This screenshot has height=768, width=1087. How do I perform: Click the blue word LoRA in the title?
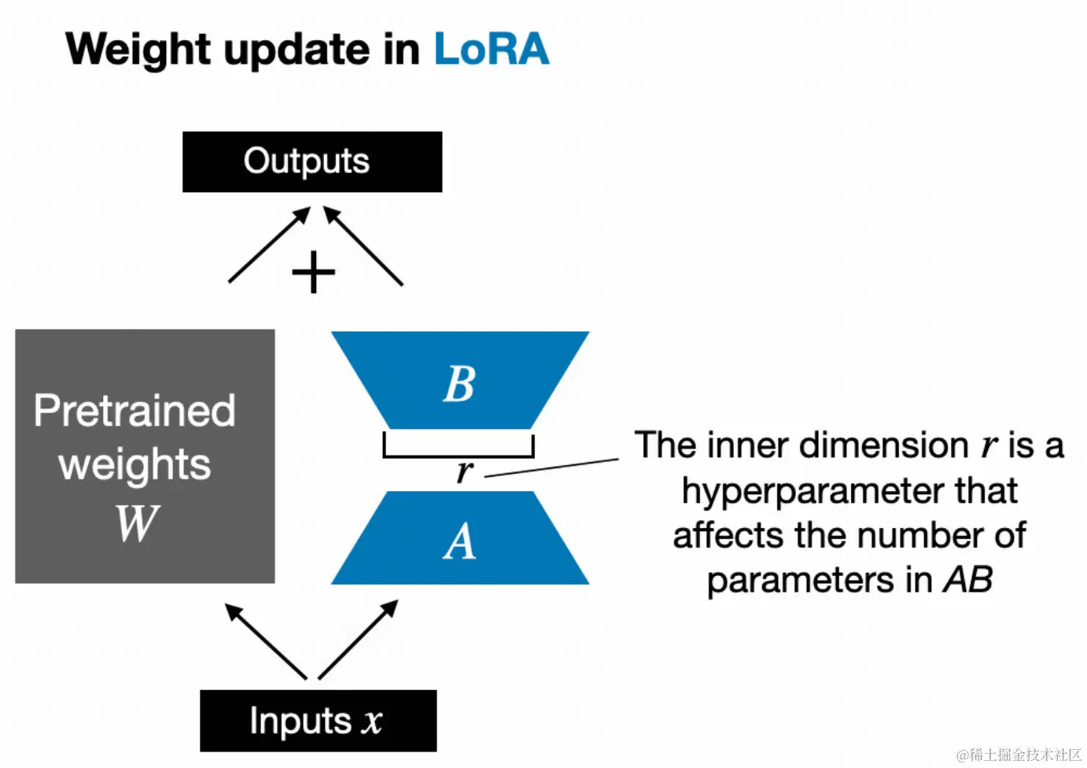(x=491, y=50)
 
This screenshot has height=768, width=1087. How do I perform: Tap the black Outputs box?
(x=311, y=161)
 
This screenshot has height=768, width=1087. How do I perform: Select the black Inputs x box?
(x=318, y=721)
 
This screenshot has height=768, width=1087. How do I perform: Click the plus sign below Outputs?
(x=313, y=273)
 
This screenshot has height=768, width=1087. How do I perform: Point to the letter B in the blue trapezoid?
(x=459, y=384)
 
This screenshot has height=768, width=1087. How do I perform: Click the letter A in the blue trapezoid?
(x=459, y=542)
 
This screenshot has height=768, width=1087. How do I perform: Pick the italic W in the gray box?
(x=137, y=523)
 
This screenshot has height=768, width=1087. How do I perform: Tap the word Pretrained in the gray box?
(x=134, y=411)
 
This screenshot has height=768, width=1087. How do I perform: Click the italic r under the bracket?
(x=464, y=471)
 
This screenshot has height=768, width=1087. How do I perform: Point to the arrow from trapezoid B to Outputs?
(x=363, y=245)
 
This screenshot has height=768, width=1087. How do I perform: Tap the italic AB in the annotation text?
(x=967, y=580)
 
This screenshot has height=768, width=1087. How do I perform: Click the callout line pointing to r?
(x=551, y=467)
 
